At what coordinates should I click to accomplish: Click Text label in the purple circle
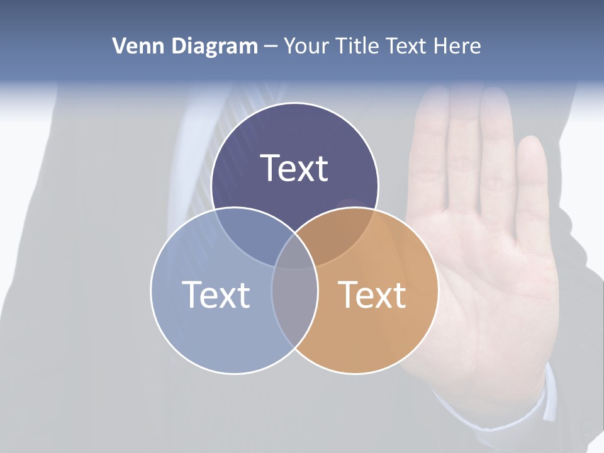click(294, 168)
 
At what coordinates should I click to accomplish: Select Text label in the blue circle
click(216, 294)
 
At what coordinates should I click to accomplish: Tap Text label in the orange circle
click(372, 294)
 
